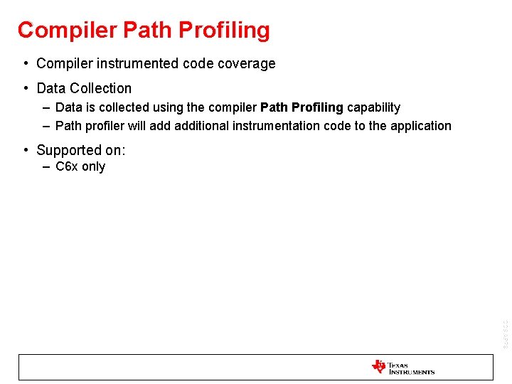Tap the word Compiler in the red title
pyautogui.click(x=68, y=31)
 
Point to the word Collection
pyautogui.click(x=101, y=88)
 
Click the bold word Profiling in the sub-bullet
pyautogui.click(x=317, y=107)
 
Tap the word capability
pyautogui.click(x=373, y=107)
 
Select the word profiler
pyautogui.click(x=106, y=126)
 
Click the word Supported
pyautogui.click(x=69, y=150)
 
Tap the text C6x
pyautogui.click(x=66, y=166)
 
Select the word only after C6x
pyautogui.click(x=93, y=166)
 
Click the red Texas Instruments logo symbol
pyautogui.click(x=378, y=367)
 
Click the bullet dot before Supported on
pyautogui.click(x=26, y=150)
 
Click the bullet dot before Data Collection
pyautogui.click(x=26, y=88)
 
